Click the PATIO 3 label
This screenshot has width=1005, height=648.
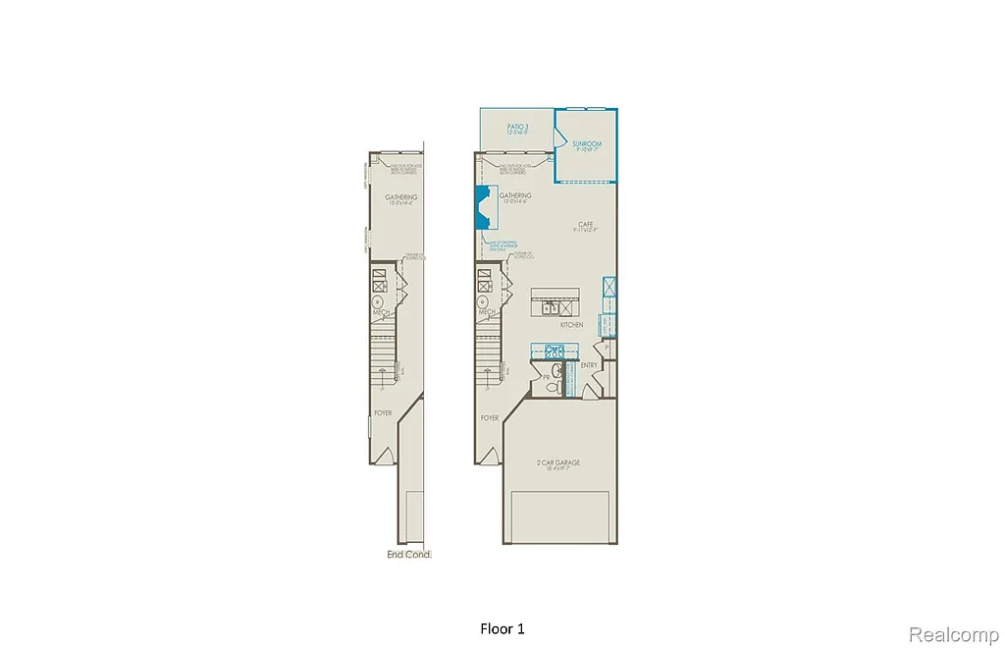[517, 127]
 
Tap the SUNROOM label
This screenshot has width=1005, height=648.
[587, 144]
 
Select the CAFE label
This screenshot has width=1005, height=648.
[586, 224]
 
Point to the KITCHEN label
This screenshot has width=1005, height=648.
[571, 324]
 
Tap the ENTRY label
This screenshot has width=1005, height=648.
[589, 365]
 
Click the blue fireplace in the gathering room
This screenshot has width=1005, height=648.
[483, 208]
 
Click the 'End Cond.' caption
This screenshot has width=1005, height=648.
[409, 555]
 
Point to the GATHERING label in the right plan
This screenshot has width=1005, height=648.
[514, 195]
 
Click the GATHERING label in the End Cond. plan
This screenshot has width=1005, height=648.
[400, 197]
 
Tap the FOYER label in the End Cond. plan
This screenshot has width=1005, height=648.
[382, 412]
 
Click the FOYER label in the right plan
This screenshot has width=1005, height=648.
[490, 417]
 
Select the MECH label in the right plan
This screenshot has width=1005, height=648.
[485, 312]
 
